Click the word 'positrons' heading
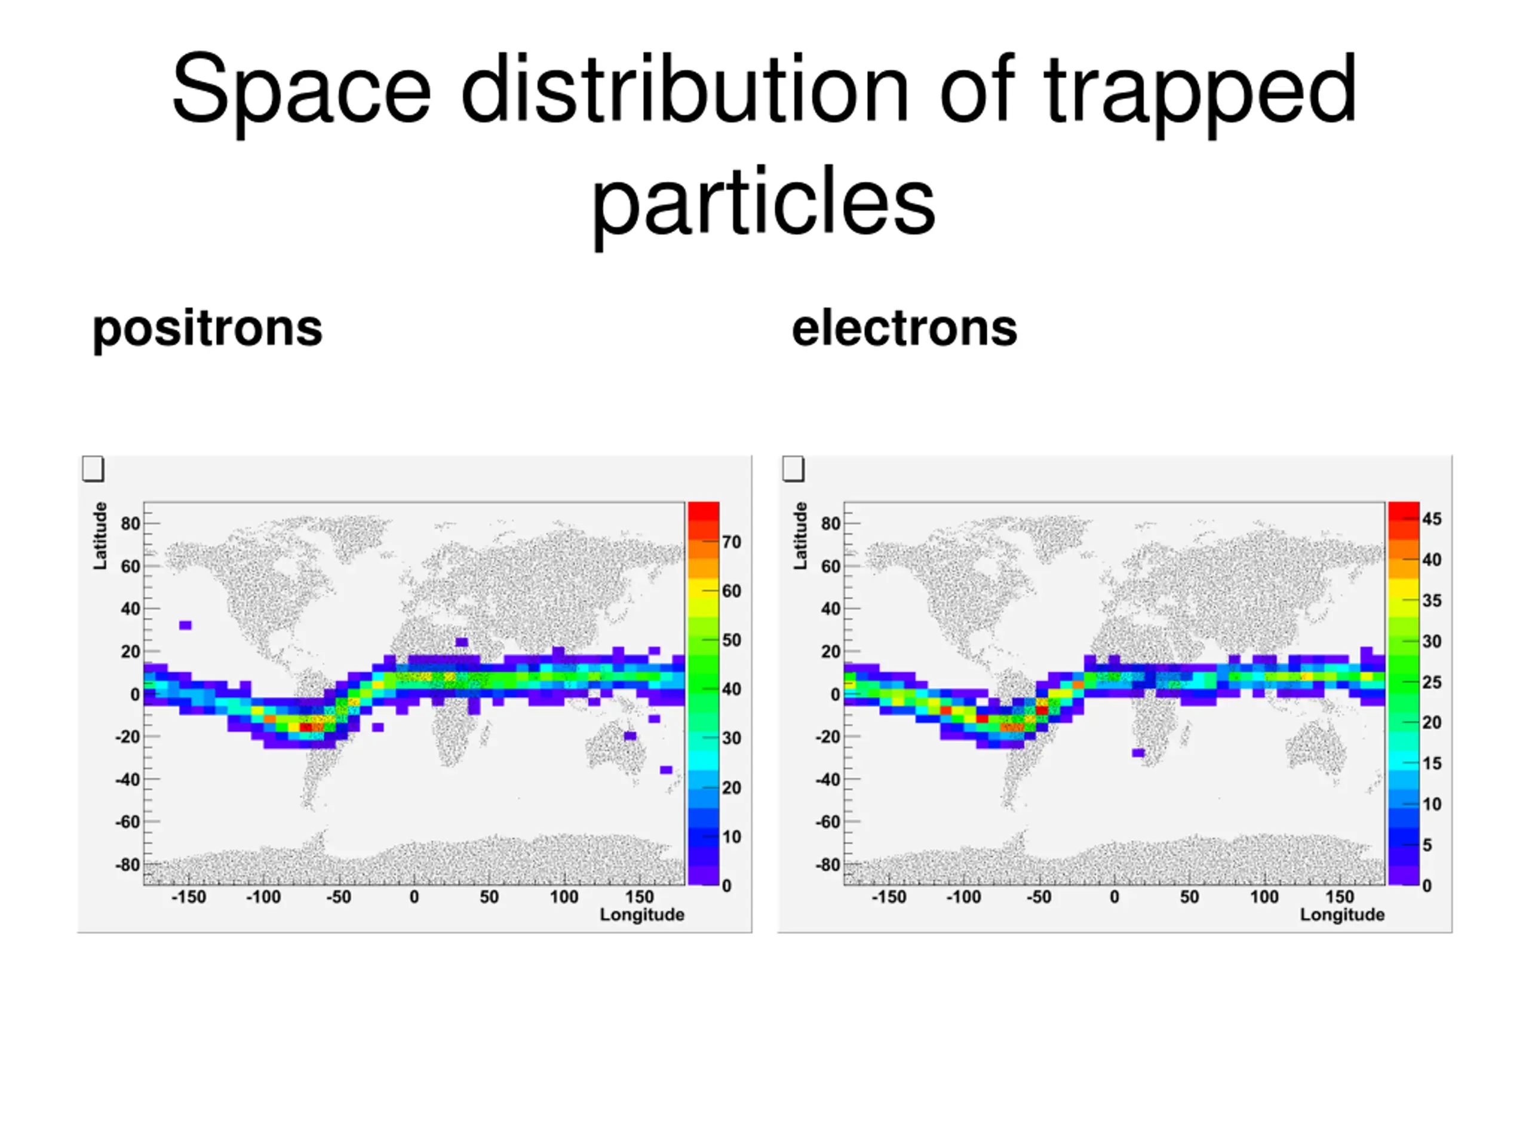coord(207,329)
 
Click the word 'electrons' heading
coord(904,329)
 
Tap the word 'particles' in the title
coord(763,202)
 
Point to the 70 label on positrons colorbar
coord(731,542)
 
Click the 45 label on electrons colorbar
coord(1432,519)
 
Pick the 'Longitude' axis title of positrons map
coord(641,915)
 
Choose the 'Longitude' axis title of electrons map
coord(1341,915)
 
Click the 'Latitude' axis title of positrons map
coord(101,536)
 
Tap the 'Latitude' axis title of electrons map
coord(800,536)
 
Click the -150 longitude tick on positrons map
coord(188,897)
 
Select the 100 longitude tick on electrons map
coord(1264,897)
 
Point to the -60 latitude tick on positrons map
coord(129,822)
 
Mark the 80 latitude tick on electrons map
coord(831,523)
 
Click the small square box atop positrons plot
coord(93,468)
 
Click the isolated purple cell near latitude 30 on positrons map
coord(185,625)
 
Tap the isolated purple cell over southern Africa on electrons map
coord(1138,753)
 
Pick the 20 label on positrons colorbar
coord(731,787)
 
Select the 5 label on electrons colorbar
coord(1427,845)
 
